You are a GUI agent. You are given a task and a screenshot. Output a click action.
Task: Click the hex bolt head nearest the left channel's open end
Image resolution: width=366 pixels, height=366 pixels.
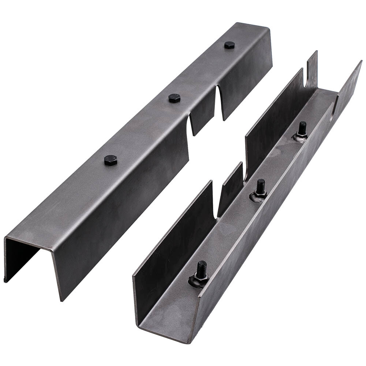110,160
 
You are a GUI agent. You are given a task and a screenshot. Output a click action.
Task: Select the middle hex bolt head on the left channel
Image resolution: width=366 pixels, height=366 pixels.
174,98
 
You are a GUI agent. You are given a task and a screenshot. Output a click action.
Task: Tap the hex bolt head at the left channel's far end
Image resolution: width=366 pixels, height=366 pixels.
229,45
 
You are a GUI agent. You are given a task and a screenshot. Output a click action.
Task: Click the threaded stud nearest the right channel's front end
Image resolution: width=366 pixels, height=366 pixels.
201,269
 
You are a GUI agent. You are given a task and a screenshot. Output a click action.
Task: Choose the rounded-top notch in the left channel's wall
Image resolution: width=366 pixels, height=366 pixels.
191,124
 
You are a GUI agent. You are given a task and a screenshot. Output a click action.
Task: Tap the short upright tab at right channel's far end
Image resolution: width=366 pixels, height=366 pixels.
312,70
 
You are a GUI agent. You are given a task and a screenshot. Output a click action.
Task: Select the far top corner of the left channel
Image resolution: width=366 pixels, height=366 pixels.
270,29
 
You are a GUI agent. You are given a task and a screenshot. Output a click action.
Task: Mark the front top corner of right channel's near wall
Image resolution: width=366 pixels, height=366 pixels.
134,274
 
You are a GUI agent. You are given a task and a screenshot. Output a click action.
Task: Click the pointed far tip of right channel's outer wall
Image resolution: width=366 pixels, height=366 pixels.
361,61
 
